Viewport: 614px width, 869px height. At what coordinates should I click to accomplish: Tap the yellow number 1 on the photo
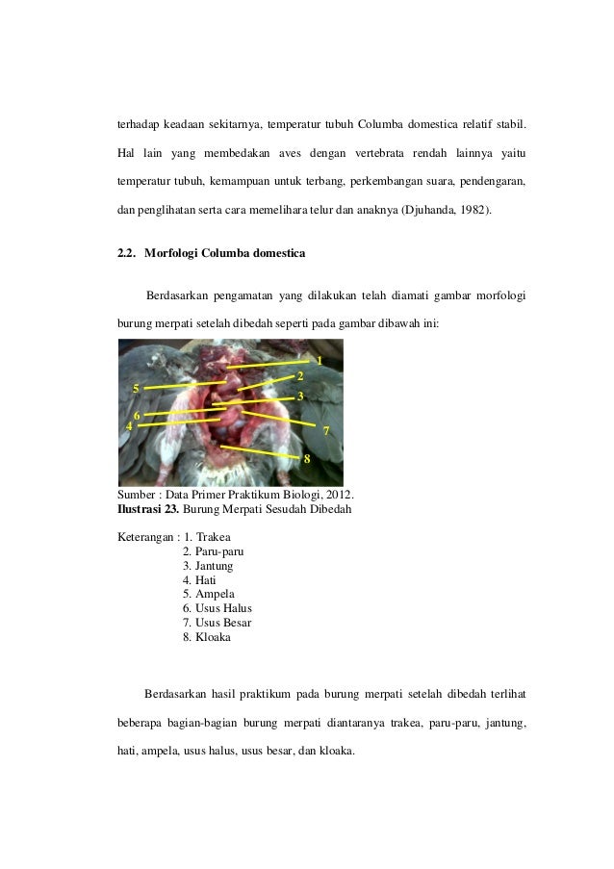point(319,360)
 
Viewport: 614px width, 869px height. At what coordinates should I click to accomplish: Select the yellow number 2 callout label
point(301,375)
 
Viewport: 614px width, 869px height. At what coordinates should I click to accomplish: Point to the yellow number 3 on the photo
point(301,396)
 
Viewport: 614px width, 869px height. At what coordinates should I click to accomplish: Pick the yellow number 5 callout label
point(137,388)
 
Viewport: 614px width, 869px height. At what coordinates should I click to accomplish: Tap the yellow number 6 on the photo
point(137,415)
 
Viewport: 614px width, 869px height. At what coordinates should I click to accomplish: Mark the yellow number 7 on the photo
point(326,429)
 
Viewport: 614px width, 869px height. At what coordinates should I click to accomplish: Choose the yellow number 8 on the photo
point(307,458)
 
